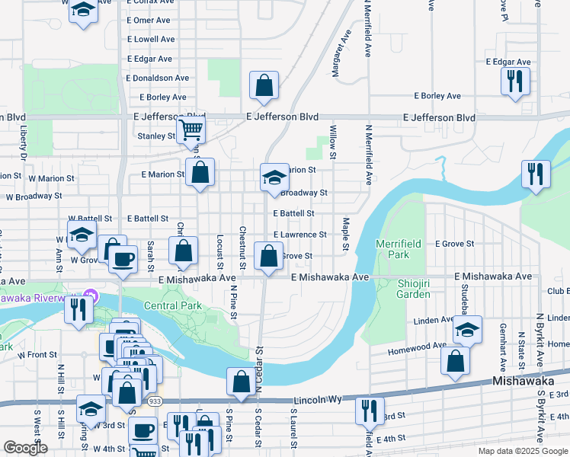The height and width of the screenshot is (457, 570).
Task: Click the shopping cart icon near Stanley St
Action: [x=191, y=129]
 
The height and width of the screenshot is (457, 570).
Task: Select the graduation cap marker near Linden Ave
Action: [x=467, y=329]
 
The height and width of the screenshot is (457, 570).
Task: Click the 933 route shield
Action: [x=154, y=402]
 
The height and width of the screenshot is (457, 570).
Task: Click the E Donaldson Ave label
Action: [x=158, y=78]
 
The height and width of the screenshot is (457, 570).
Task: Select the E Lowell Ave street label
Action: [x=152, y=39]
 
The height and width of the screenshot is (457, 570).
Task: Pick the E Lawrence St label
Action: [x=299, y=235]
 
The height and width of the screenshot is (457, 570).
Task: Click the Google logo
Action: [x=25, y=448]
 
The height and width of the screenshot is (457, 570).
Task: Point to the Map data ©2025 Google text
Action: [x=522, y=451]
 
